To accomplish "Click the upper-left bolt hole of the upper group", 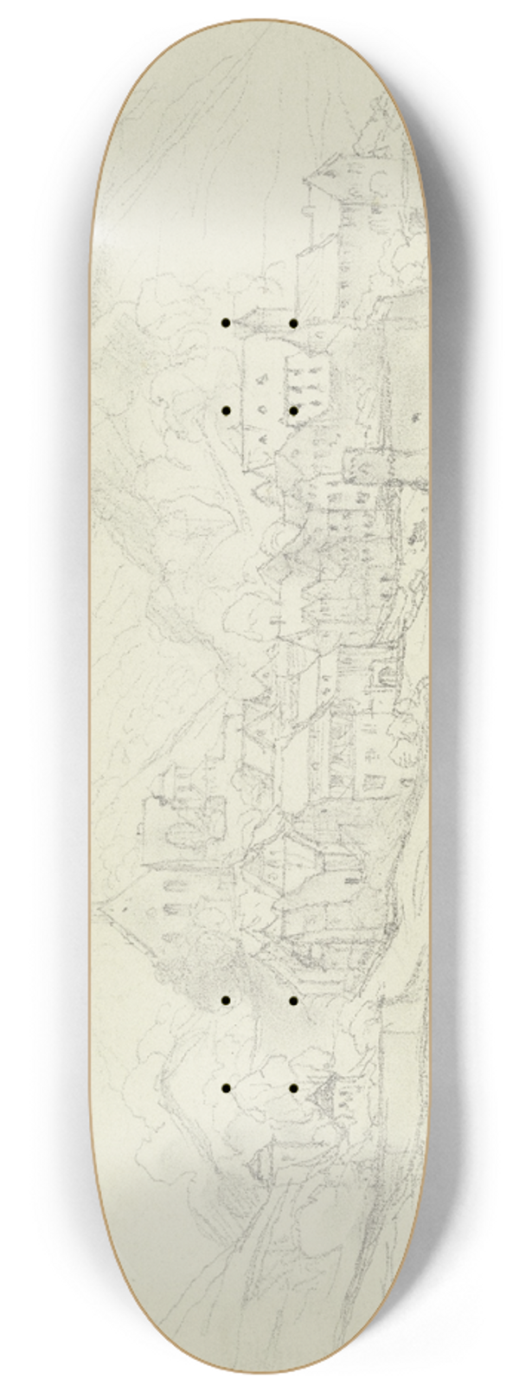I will [225, 323].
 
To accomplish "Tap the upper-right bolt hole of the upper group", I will [294, 323].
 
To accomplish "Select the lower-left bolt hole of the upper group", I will [225, 410].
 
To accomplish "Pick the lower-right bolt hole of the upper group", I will [294, 410].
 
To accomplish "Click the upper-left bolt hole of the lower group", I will [225, 1001].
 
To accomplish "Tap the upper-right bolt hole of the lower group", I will [294, 1001].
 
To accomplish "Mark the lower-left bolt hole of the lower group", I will [225, 1087].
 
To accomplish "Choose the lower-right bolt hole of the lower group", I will [294, 1087].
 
